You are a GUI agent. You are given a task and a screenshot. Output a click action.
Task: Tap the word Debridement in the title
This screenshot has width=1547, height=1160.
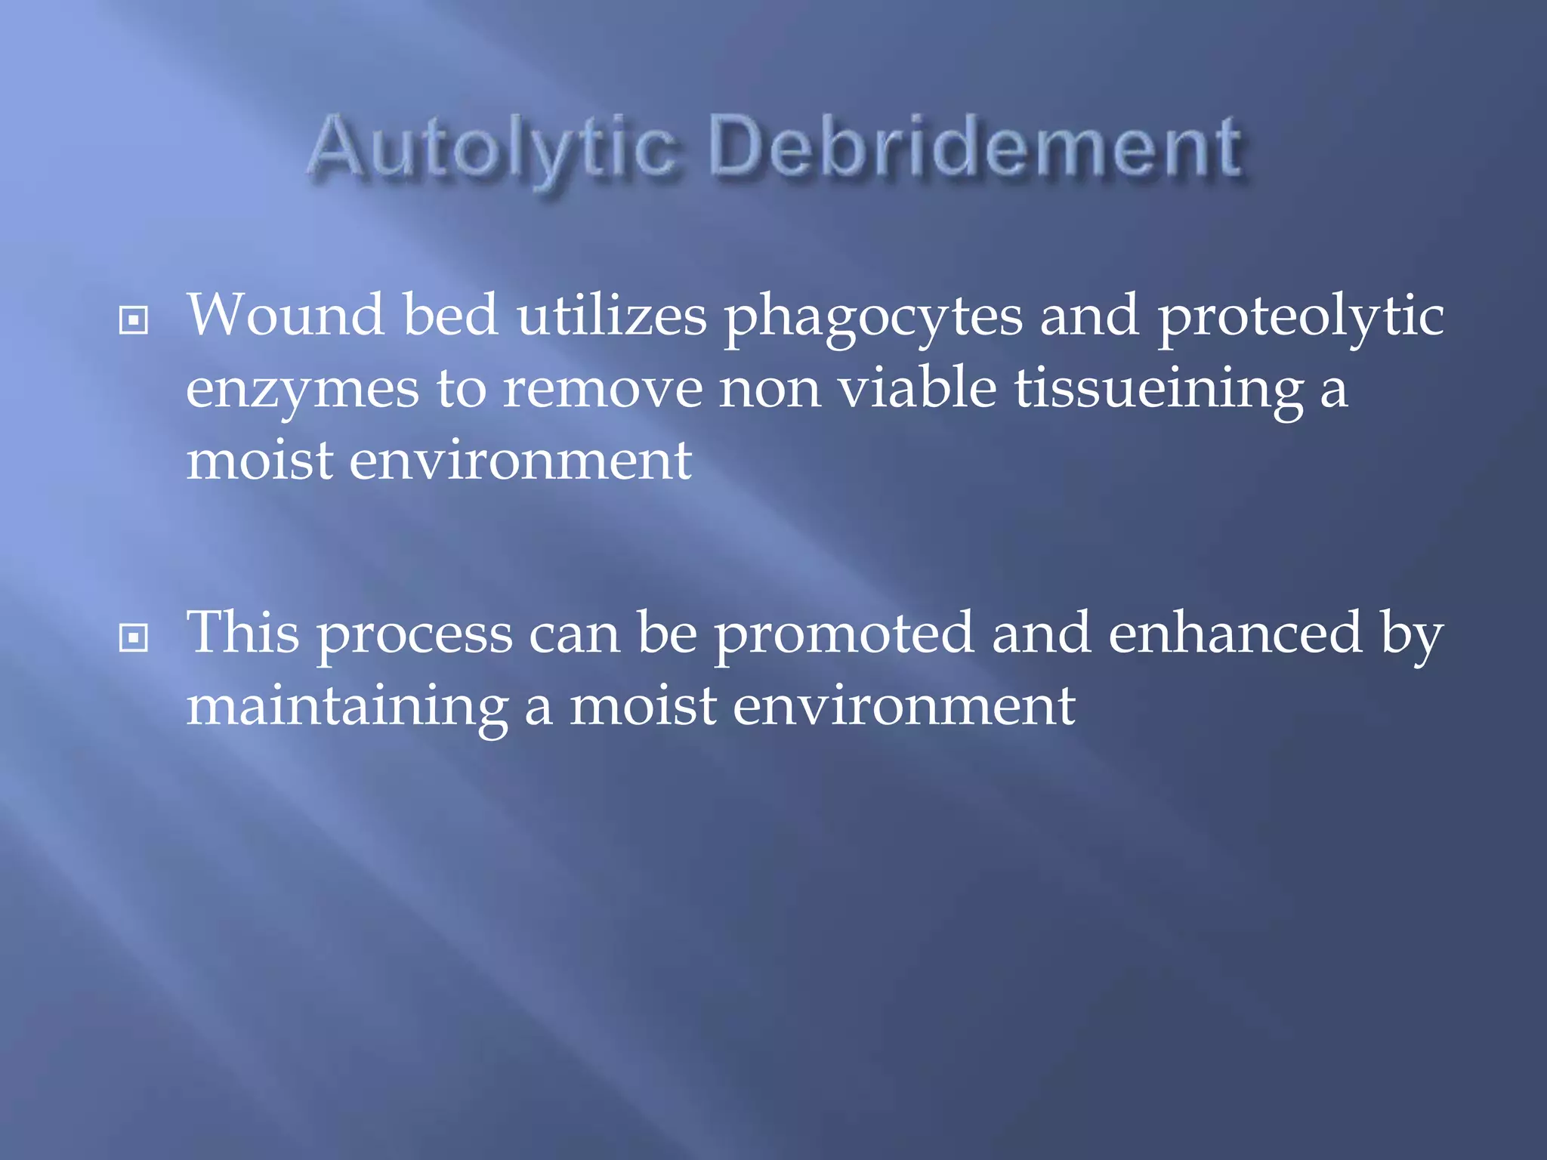click(x=975, y=147)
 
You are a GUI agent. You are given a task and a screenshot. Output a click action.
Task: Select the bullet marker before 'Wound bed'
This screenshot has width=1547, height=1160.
click(x=134, y=320)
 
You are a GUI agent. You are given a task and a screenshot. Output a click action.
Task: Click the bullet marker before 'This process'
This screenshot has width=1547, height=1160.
click(x=134, y=638)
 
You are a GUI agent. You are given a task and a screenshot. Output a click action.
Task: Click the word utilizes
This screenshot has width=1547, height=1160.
click(x=611, y=315)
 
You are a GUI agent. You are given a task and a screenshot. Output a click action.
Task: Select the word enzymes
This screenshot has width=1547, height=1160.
click(x=302, y=390)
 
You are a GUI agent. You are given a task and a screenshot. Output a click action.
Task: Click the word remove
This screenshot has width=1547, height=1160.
click(x=602, y=390)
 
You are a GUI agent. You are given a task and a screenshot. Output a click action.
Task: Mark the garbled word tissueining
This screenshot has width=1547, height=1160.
click(x=1158, y=390)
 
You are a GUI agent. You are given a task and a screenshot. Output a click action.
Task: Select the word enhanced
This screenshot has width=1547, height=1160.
click(x=1235, y=633)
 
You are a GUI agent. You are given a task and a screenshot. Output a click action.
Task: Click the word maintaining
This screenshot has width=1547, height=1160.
click(x=347, y=708)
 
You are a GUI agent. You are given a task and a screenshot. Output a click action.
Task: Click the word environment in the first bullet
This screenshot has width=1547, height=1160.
click(x=520, y=461)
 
